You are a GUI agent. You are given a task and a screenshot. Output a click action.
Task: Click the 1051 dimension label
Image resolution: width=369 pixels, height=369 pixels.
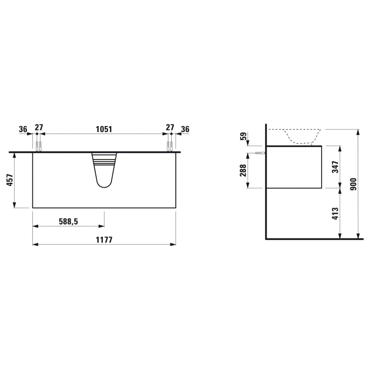[x=104, y=129]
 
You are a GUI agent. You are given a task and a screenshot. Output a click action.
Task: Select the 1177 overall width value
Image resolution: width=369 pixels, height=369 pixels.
[x=104, y=240]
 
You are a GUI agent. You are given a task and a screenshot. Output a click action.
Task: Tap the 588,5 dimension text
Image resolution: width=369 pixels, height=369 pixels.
[x=68, y=222]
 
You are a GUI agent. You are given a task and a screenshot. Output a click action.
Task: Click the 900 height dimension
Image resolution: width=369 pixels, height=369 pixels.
[x=353, y=184]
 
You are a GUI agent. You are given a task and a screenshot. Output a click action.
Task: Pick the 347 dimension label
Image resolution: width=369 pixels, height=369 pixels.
[x=335, y=167]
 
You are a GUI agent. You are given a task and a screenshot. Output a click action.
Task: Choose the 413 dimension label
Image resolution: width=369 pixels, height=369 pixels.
[x=335, y=213]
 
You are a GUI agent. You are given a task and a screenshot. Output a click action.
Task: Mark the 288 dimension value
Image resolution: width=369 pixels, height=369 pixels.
[x=243, y=170]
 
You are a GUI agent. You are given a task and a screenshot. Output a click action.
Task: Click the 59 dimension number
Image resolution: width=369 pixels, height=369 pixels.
[x=244, y=136]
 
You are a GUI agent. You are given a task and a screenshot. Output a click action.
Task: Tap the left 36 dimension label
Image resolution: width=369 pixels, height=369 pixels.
[x=23, y=129]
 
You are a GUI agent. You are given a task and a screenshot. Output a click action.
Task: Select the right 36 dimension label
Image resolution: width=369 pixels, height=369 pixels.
[x=185, y=129]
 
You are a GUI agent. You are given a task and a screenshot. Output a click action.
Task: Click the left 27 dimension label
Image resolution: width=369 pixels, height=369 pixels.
[x=39, y=127]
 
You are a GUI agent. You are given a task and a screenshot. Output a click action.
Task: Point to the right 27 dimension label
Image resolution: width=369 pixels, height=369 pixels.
[x=170, y=127]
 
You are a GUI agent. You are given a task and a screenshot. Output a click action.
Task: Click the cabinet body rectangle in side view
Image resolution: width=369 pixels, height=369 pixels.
[x=294, y=167]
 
